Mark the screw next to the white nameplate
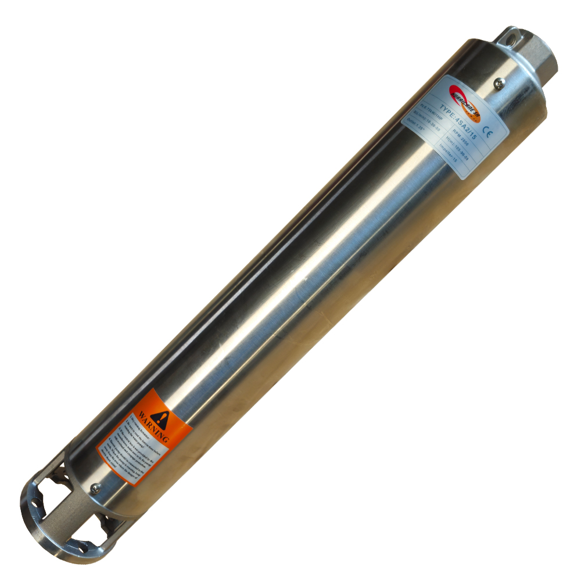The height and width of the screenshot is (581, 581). coord(498,84)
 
